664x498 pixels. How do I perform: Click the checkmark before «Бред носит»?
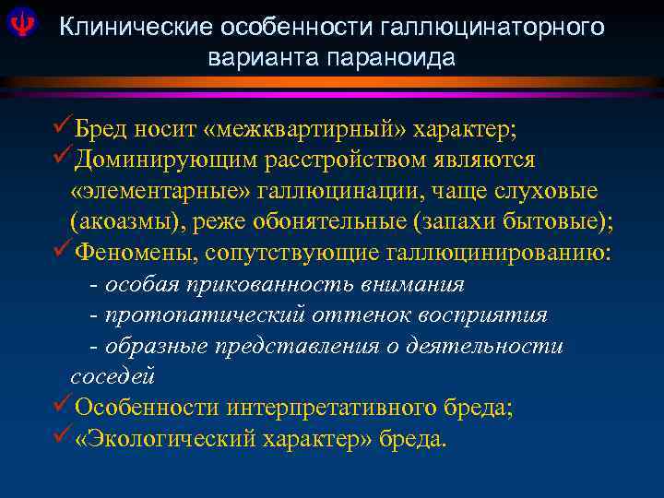tap(64, 125)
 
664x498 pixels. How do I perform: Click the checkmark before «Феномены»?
tap(64, 251)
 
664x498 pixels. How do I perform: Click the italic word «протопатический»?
tap(204, 315)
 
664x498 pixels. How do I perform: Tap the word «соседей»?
tap(112, 376)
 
